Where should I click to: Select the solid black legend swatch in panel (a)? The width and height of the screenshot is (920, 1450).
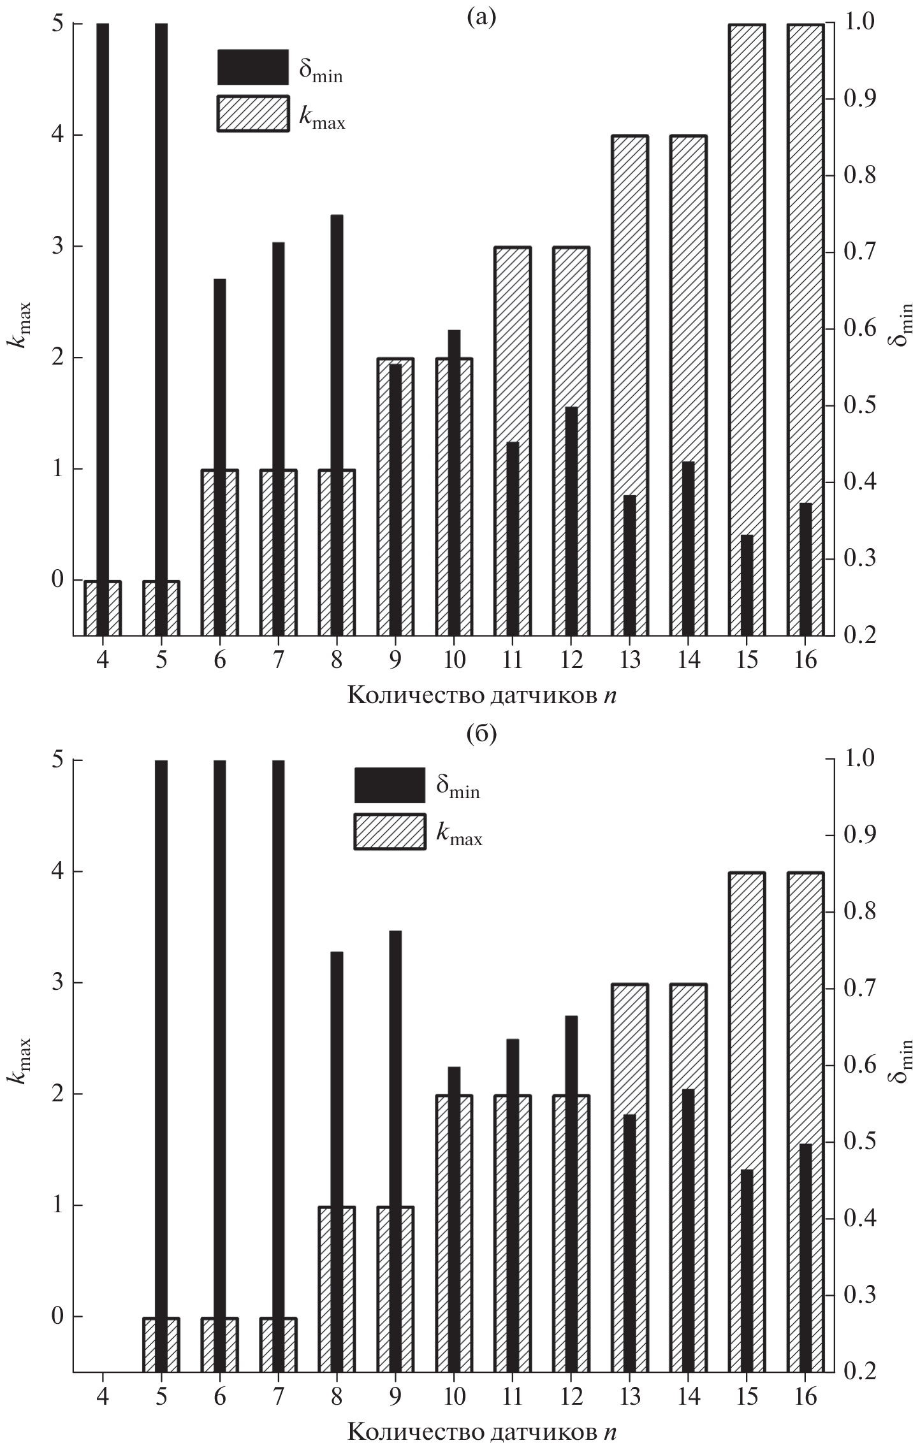click(252, 67)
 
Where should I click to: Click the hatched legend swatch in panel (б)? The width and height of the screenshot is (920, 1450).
click(390, 831)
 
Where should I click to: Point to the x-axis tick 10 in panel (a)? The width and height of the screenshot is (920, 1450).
click(454, 660)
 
